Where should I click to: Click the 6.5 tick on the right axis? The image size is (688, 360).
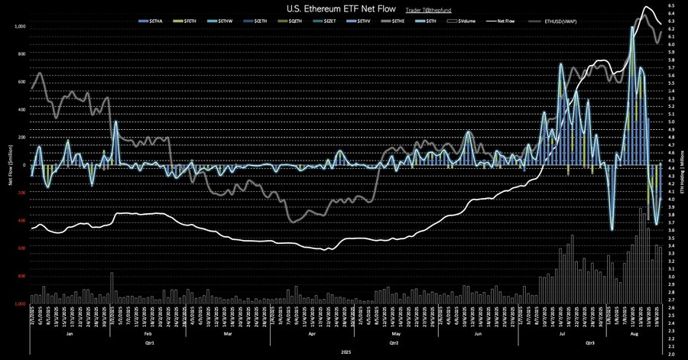[x=670, y=5]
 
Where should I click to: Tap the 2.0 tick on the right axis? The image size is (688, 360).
[x=670, y=354]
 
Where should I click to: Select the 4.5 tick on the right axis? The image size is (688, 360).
[x=670, y=161]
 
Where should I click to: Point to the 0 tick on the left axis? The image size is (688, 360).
[x=24, y=165]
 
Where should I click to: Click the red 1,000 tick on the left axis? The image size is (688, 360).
[x=20, y=303]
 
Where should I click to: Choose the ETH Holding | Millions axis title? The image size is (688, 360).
[x=681, y=166]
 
